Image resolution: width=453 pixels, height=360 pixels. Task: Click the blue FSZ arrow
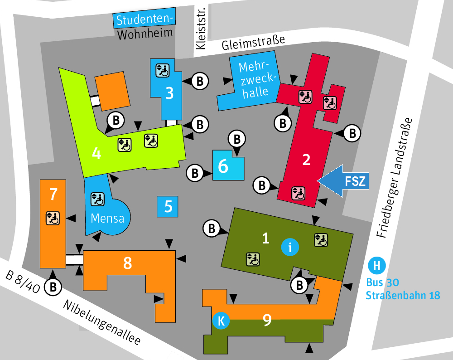click(x=344, y=181)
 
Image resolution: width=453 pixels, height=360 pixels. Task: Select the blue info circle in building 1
click(x=290, y=247)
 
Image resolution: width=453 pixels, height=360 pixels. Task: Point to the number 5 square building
click(x=168, y=207)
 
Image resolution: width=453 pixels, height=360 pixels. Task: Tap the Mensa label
click(x=107, y=218)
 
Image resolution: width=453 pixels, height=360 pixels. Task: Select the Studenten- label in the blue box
click(x=144, y=20)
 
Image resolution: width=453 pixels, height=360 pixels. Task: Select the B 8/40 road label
click(x=23, y=282)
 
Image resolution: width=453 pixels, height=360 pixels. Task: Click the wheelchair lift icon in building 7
click(x=53, y=218)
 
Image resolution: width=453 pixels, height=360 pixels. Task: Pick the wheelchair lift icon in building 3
click(x=162, y=70)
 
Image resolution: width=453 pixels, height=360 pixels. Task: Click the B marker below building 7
click(x=53, y=287)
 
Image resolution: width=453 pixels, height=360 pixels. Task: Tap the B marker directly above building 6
click(x=237, y=138)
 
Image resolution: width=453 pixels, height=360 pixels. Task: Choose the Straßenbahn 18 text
click(x=403, y=296)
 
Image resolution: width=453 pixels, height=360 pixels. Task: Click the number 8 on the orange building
click(x=128, y=263)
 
